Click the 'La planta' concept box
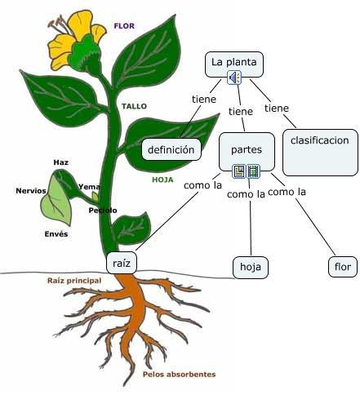point(234,64)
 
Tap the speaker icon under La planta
point(234,78)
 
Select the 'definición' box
point(171,149)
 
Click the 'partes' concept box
point(247,152)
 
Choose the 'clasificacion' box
point(320,153)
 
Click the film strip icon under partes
point(253,171)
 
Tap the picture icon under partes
point(239,171)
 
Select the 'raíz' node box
point(122,263)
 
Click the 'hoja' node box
point(251,267)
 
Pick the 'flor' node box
point(343,267)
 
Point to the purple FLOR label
point(124,26)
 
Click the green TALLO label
point(134,106)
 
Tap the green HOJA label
point(162,180)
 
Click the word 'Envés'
point(56,234)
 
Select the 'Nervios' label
point(31,191)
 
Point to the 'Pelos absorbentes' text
point(179,375)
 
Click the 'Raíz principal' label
point(74,281)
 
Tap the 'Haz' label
point(60,162)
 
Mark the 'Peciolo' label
point(103,211)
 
